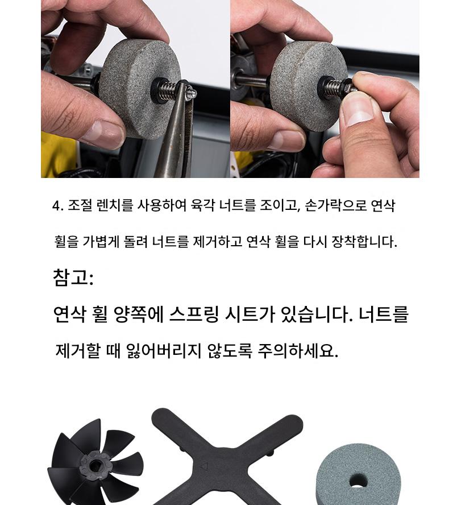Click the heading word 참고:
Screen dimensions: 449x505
click(73, 278)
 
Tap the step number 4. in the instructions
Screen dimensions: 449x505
click(57, 205)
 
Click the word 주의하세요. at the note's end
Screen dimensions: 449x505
click(298, 350)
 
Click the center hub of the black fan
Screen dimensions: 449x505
click(94, 465)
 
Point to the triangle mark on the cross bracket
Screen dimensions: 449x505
click(205, 466)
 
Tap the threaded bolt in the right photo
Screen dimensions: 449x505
click(336, 87)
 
